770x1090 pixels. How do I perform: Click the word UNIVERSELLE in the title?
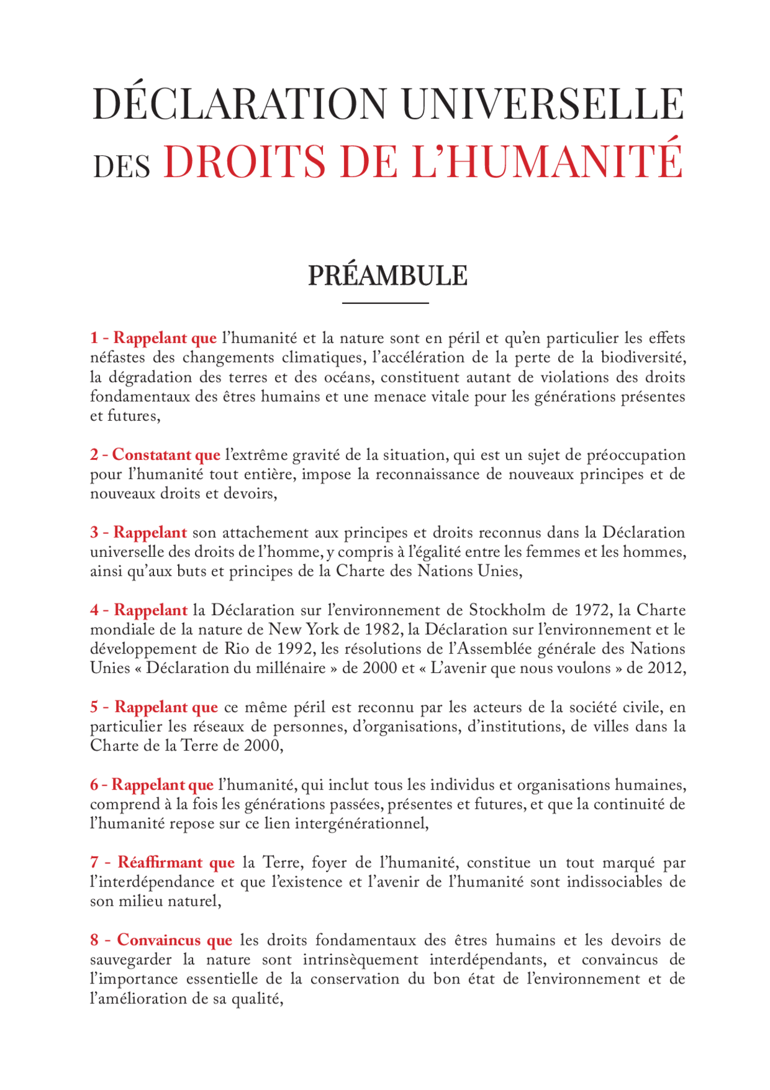(x=541, y=104)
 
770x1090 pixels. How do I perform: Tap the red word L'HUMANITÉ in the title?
(x=547, y=161)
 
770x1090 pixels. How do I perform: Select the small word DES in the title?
(x=122, y=166)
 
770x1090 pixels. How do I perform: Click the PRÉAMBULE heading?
(x=387, y=276)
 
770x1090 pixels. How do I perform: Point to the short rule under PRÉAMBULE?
(x=385, y=303)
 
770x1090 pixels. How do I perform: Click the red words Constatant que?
(x=166, y=455)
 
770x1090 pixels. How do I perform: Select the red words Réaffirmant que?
(x=176, y=862)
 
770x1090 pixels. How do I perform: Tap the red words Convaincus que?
(x=174, y=940)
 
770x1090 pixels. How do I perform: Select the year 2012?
(x=666, y=668)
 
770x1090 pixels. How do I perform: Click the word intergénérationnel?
(x=361, y=823)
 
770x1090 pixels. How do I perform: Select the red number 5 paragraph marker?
(x=94, y=707)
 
